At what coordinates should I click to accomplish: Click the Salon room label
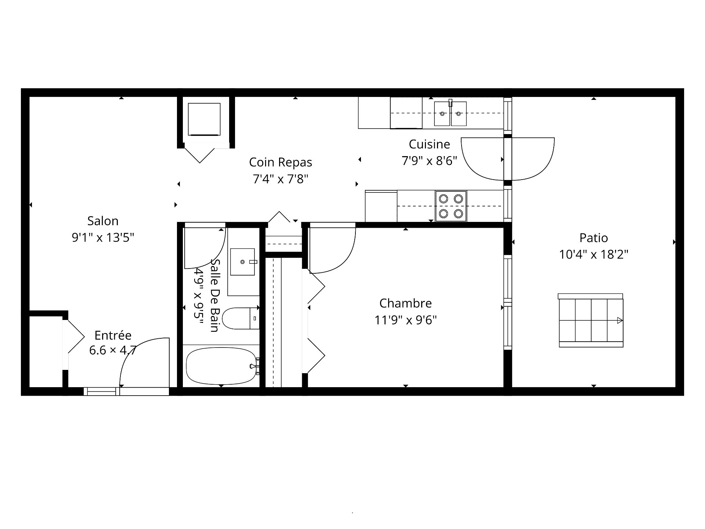[103, 221]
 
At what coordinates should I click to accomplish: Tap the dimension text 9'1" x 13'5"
[103, 238]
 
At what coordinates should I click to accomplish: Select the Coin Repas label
[281, 162]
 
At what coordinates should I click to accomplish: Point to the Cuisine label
[429, 144]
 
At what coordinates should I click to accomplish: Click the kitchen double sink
[451, 114]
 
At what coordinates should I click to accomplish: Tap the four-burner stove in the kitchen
[451, 206]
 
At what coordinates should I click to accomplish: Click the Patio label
[594, 238]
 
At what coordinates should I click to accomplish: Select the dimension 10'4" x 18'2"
[594, 254]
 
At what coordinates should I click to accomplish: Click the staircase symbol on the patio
[591, 320]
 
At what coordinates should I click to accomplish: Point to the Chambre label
[405, 303]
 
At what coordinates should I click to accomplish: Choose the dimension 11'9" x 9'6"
[405, 320]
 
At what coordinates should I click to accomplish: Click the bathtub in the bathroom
[221, 366]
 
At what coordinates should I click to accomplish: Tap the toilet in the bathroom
[241, 318]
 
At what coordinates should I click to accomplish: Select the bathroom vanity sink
[242, 262]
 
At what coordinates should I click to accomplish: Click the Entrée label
[113, 335]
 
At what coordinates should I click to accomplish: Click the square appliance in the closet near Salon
[204, 119]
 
